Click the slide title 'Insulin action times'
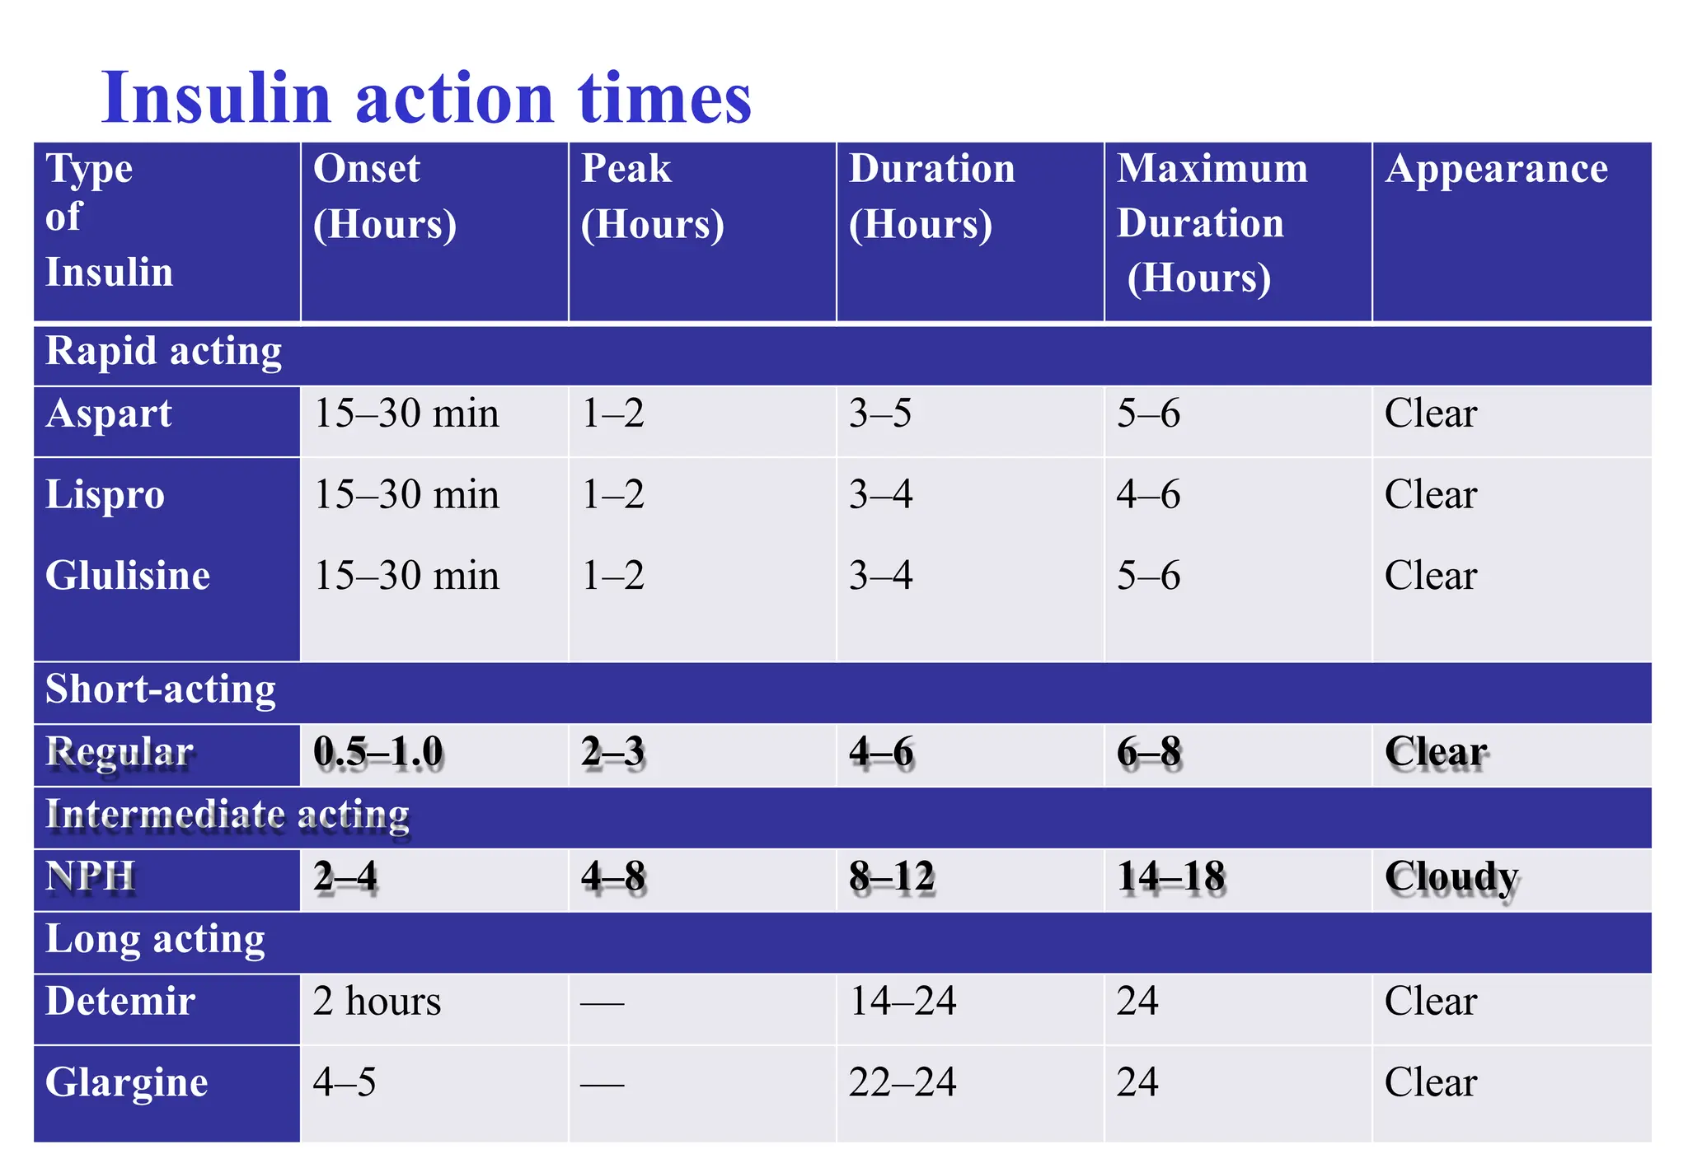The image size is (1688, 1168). click(425, 98)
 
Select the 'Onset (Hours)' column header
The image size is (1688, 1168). click(384, 197)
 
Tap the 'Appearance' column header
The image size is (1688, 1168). click(1496, 170)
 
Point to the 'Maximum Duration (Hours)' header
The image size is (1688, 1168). click(1212, 223)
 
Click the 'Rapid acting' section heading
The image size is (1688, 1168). click(163, 352)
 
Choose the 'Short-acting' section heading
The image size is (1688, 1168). click(161, 689)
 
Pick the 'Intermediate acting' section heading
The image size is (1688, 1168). click(227, 815)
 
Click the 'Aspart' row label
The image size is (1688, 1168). click(109, 413)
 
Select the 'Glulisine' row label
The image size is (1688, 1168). click(128, 576)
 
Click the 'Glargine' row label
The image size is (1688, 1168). click(126, 1082)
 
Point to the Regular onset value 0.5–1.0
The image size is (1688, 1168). click(378, 753)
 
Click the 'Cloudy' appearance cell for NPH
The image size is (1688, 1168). click(1451, 878)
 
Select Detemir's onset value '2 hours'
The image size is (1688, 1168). click(377, 1002)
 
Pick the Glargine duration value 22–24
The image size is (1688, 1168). click(903, 1082)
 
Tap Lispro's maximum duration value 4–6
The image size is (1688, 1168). click(1148, 495)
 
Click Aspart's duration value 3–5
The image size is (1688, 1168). click(880, 413)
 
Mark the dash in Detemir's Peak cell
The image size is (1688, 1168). click(603, 1003)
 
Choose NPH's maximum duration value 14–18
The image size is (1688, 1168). click(1171, 877)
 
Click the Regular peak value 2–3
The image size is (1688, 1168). click(612, 753)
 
